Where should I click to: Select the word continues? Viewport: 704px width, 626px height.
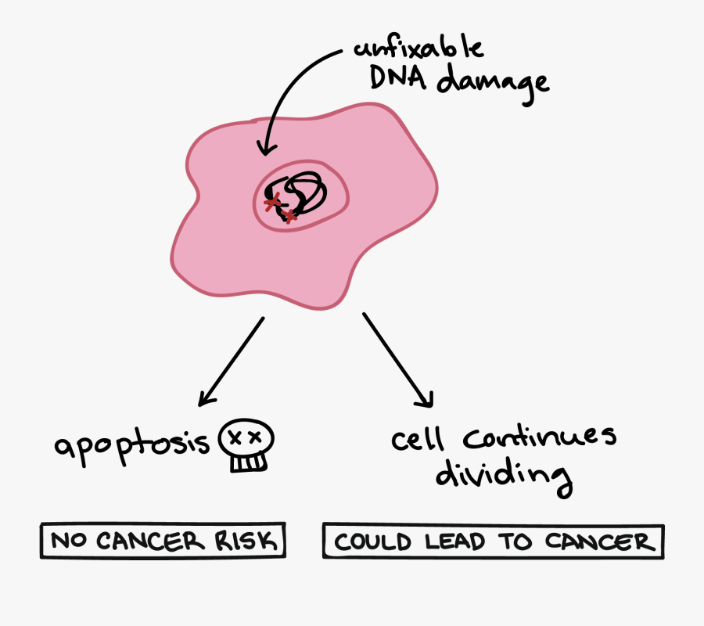coord(540,439)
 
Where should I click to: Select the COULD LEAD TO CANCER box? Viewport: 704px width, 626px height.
coord(493,541)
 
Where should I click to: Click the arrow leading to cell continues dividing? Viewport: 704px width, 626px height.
coord(397,360)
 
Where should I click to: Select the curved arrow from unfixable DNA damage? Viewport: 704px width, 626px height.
coord(289,86)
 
